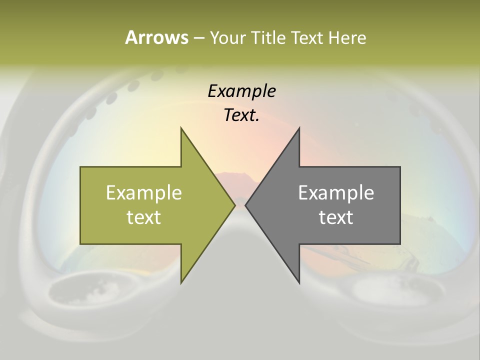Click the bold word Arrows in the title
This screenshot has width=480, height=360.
[156, 37]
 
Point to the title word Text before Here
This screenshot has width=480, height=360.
[308, 37]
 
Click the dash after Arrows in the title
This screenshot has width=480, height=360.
[198, 38]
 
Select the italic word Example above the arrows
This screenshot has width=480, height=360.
[241, 91]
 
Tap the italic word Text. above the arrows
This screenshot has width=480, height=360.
[241, 115]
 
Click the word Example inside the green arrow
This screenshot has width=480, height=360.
[144, 192]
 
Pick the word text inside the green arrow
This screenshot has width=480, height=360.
[144, 217]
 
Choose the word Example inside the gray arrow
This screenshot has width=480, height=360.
[336, 192]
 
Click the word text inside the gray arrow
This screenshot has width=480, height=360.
[336, 217]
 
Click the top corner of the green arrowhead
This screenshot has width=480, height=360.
[181, 128]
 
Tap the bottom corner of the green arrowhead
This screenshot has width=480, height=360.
[181, 283]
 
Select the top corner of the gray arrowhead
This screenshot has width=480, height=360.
[299, 128]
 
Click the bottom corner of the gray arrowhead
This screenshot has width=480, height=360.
[299, 283]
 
